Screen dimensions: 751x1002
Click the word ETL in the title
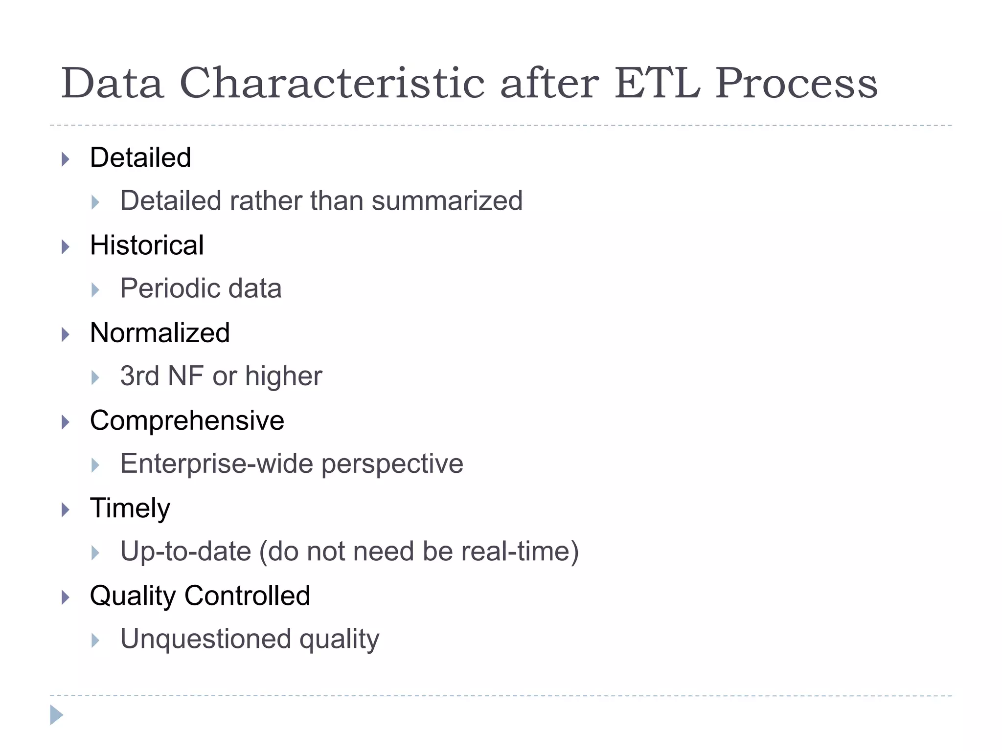point(657,84)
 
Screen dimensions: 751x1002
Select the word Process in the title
point(796,84)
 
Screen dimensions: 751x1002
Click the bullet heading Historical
point(147,245)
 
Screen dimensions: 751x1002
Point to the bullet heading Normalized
point(160,333)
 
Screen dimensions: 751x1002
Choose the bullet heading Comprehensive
point(187,420)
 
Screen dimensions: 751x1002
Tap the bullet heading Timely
point(130,508)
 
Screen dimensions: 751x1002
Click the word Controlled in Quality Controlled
point(247,596)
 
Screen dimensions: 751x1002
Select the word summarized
point(447,201)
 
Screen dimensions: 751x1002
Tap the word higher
point(283,376)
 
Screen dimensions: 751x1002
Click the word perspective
point(392,464)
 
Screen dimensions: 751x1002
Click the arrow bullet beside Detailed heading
point(66,159)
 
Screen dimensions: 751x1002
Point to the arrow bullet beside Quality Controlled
point(66,597)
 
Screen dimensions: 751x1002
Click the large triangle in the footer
point(56,715)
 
